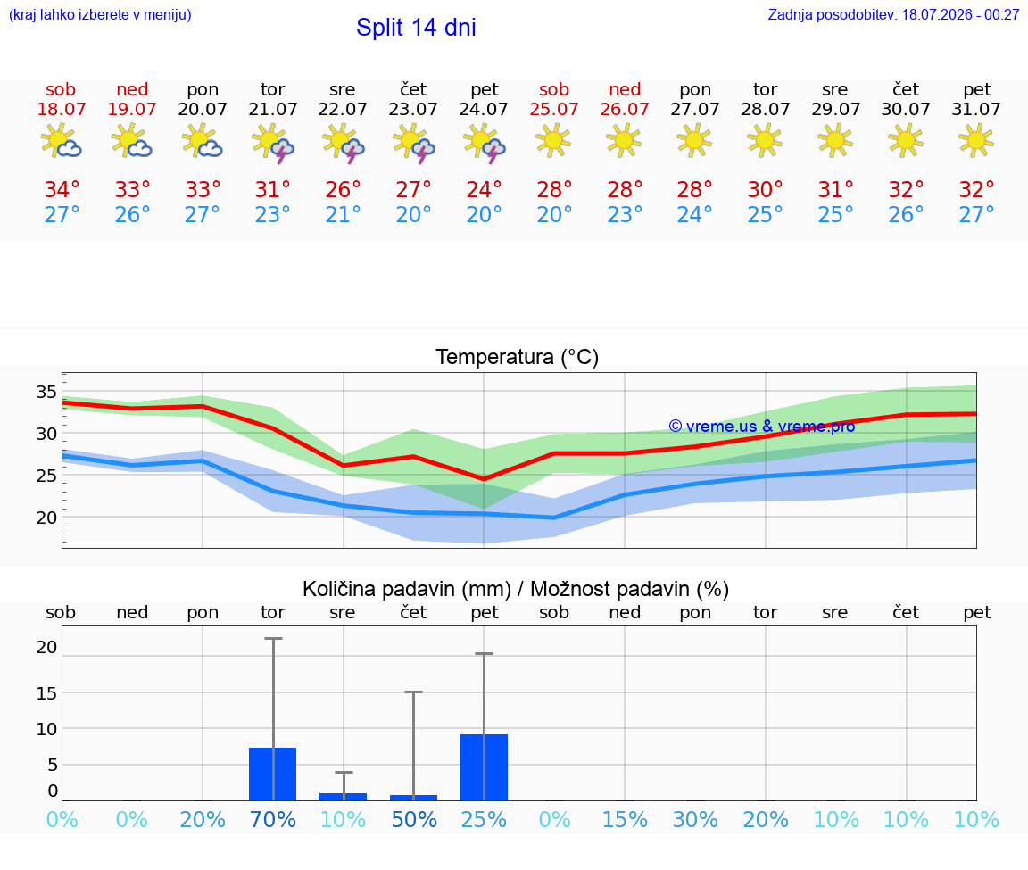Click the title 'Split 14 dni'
pyautogui.click(x=416, y=28)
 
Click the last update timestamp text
pyautogui.click(x=893, y=15)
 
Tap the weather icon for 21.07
pyautogui.click(x=273, y=142)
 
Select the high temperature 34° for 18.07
pyautogui.click(x=62, y=189)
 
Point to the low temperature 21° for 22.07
pyautogui.click(x=343, y=214)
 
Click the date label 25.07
pyautogui.click(x=554, y=110)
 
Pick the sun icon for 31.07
pyautogui.click(x=976, y=140)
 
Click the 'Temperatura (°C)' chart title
pyautogui.click(x=518, y=357)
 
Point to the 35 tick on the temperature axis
pyautogui.click(x=46, y=392)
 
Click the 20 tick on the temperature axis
pyautogui.click(x=46, y=518)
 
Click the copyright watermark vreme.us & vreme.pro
pyautogui.click(x=762, y=427)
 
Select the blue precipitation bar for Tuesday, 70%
pyautogui.click(x=273, y=774)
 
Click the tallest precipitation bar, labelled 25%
pyautogui.click(x=484, y=767)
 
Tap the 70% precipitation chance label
pyautogui.click(x=273, y=819)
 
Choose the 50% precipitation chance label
pyautogui.click(x=414, y=819)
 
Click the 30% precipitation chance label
pyautogui.click(x=695, y=819)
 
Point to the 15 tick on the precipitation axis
pyautogui.click(x=46, y=693)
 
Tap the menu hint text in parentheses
pyautogui.click(x=100, y=15)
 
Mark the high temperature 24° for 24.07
pyautogui.click(x=484, y=189)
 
